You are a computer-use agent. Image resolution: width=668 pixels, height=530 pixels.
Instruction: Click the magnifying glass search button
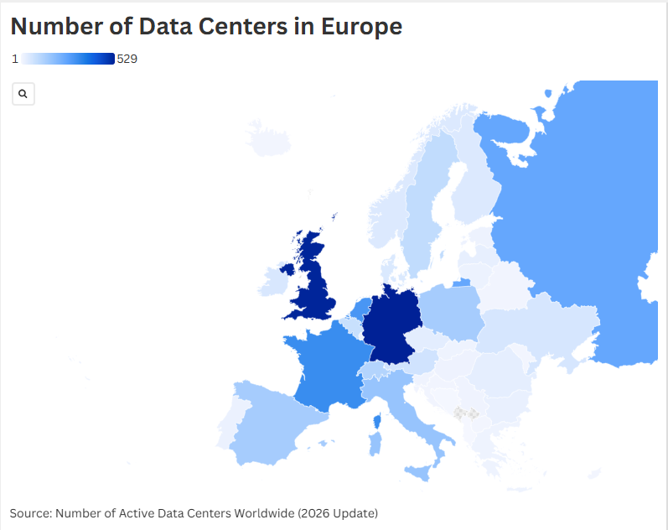(x=23, y=94)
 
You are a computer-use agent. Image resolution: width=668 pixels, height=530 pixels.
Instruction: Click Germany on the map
(x=390, y=323)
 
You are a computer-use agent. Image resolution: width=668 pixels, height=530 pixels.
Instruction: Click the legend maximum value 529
(x=127, y=59)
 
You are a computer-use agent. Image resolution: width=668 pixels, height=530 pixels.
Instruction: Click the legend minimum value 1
(x=15, y=59)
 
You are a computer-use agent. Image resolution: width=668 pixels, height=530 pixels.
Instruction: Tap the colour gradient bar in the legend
(x=68, y=59)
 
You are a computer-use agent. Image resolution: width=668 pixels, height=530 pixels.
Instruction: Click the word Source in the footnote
(x=30, y=512)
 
